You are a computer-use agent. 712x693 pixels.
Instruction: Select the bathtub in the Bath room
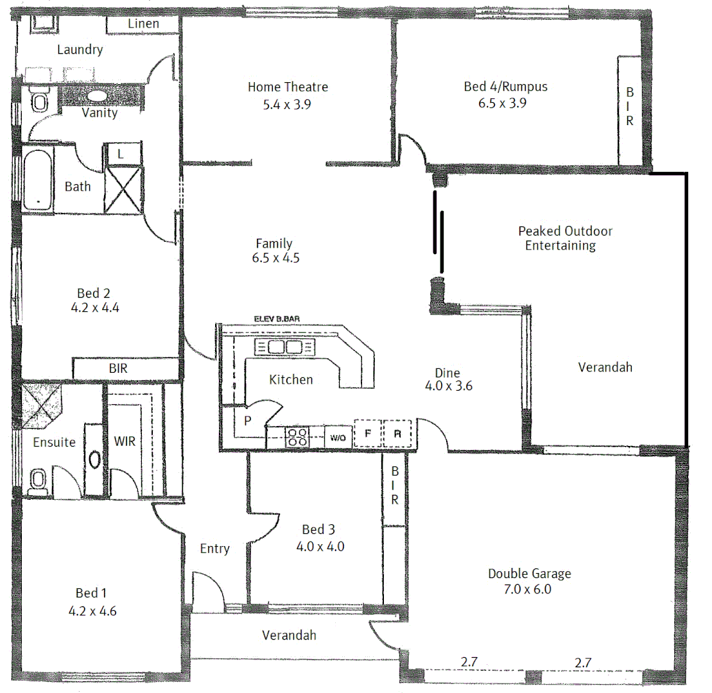pyautogui.click(x=38, y=179)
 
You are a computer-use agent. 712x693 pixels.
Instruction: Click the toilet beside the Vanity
pyautogui.click(x=40, y=101)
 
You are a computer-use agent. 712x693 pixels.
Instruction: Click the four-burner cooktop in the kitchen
pyautogui.click(x=296, y=437)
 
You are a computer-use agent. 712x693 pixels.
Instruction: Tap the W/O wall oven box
pyautogui.click(x=338, y=438)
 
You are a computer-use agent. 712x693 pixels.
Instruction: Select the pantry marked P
pyautogui.click(x=247, y=420)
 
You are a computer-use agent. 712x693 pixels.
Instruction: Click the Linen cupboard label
pyautogui.click(x=143, y=24)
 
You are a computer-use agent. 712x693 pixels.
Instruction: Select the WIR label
pyautogui.click(x=125, y=441)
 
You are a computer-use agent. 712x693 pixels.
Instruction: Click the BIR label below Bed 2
pyautogui.click(x=119, y=368)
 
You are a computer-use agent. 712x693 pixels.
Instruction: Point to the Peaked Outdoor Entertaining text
pyautogui.click(x=564, y=238)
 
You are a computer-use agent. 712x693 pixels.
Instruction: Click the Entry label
pyautogui.click(x=214, y=549)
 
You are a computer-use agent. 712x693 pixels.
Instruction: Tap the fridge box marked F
pyautogui.click(x=367, y=433)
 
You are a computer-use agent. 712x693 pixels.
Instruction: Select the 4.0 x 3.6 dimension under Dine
pyautogui.click(x=449, y=386)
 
